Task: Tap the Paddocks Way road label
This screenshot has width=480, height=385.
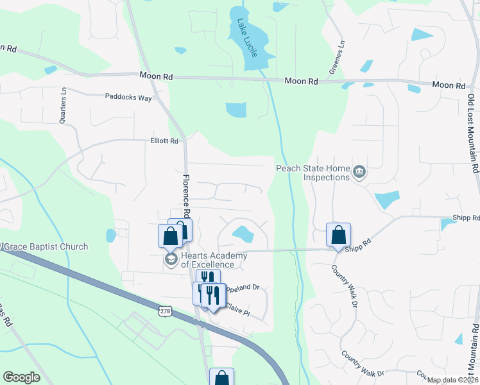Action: pos(128,98)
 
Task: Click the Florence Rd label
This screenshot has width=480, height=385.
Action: pos(186,196)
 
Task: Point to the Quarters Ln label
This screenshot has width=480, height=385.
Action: pos(63,102)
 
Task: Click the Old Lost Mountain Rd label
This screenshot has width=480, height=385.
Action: pos(472,133)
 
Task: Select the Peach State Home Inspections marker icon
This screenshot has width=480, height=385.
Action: pos(359,171)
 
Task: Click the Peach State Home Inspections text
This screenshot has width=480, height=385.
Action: pos(313,173)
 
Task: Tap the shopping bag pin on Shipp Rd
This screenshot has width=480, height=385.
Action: pos(338,234)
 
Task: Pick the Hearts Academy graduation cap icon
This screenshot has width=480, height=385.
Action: pos(171,259)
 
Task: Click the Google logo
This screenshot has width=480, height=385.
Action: pos(21,377)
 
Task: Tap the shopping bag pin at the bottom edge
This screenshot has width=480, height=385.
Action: pos(221,377)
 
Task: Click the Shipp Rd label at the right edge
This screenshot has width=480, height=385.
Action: pos(467,218)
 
